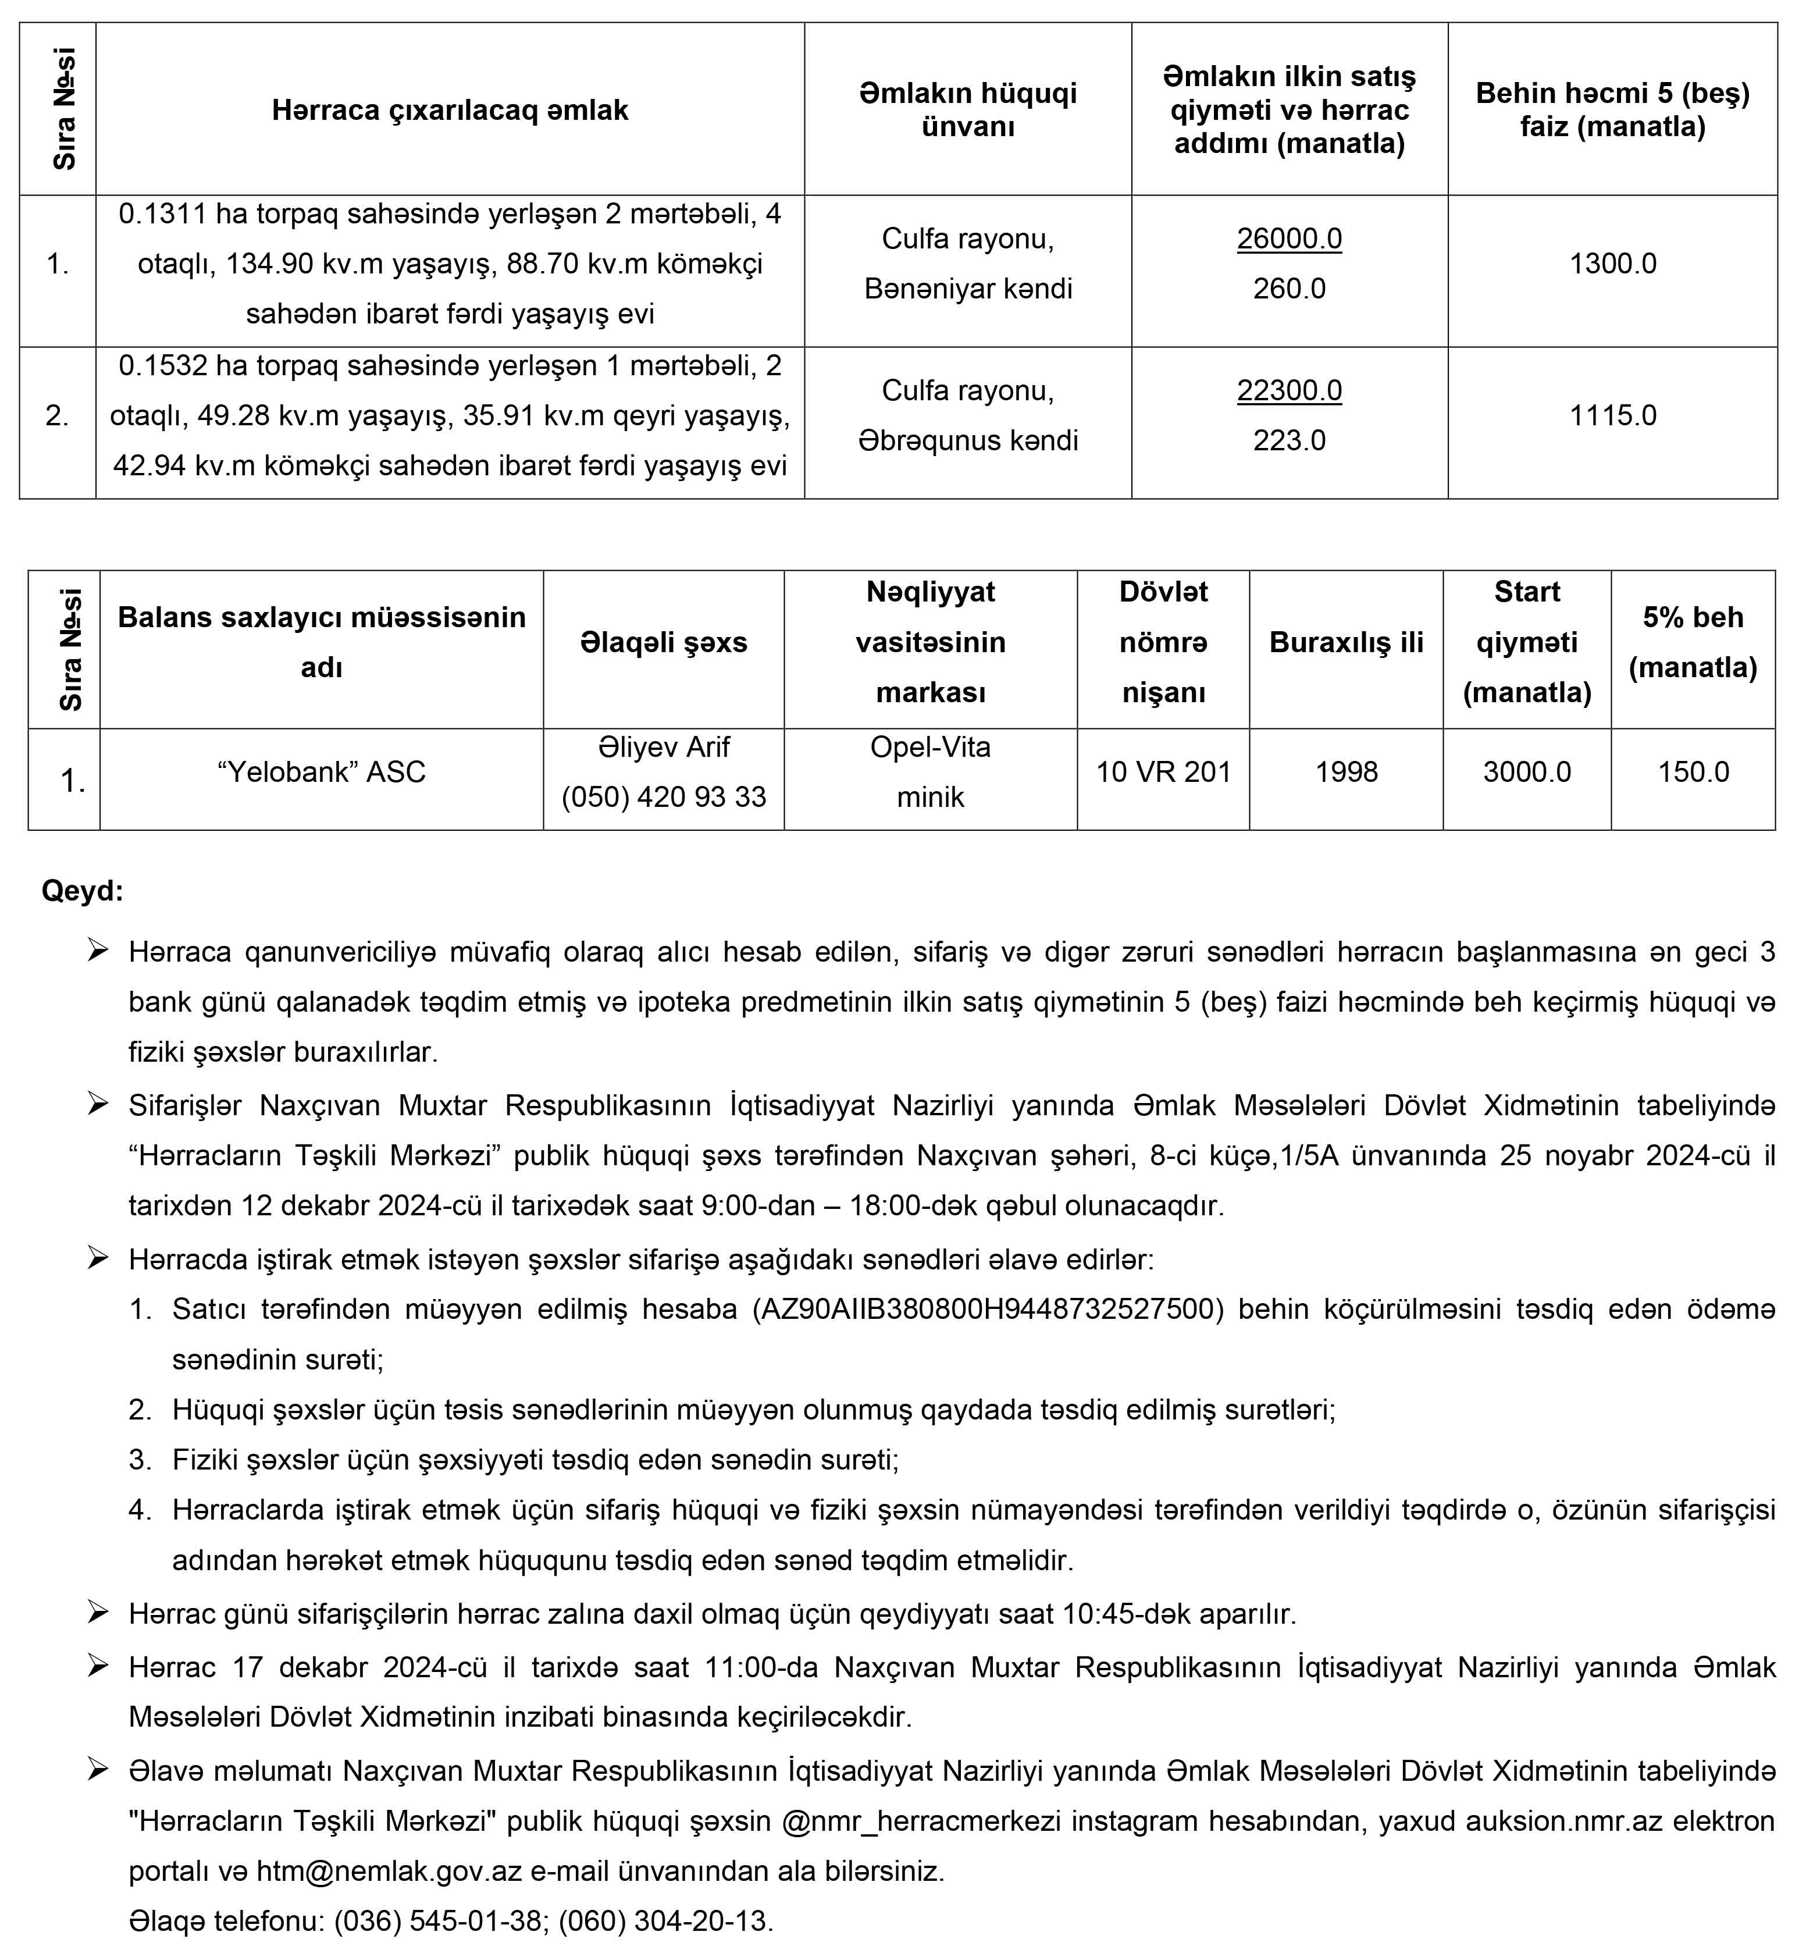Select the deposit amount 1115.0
point(1612,415)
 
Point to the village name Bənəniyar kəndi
point(967,289)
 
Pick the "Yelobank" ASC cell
point(322,772)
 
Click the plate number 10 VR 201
point(1163,772)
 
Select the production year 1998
point(1346,772)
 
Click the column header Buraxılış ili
point(1346,642)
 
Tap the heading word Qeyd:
point(82,891)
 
